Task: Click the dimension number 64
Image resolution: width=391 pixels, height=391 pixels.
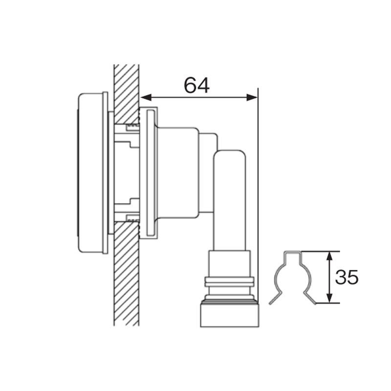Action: pyautogui.click(x=196, y=85)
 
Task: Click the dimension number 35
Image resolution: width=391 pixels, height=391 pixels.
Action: pyautogui.click(x=347, y=277)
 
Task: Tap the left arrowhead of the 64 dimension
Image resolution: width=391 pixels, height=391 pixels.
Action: pyautogui.click(x=146, y=97)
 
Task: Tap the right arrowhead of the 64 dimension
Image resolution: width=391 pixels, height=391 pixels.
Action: pyautogui.click(x=252, y=97)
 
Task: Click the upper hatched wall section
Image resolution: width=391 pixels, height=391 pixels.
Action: pyautogui.click(x=127, y=94)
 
